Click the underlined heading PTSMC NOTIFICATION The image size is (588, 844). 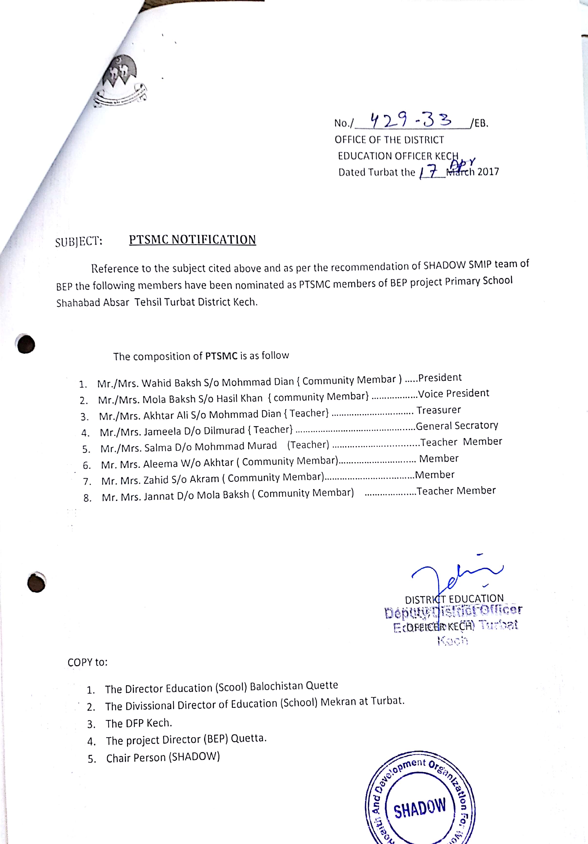point(192,240)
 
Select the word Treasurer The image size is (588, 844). point(438,410)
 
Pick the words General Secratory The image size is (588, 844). point(457,426)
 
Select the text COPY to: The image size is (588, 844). point(88,662)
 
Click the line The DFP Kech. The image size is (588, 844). point(139,723)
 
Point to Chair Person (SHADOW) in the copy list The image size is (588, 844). point(163,758)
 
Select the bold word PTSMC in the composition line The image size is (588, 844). point(221,356)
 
